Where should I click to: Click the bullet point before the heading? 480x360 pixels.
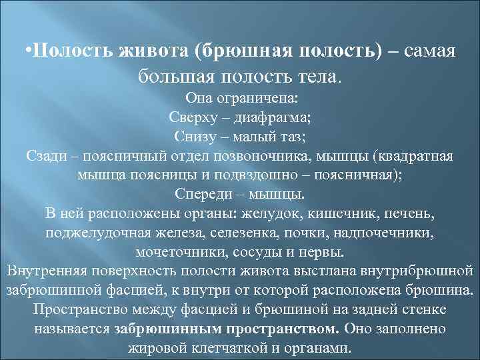click(27, 52)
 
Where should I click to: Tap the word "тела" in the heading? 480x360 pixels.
click(319, 76)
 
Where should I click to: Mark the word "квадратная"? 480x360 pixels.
click(416, 157)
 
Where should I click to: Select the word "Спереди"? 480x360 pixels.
click(201, 195)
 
